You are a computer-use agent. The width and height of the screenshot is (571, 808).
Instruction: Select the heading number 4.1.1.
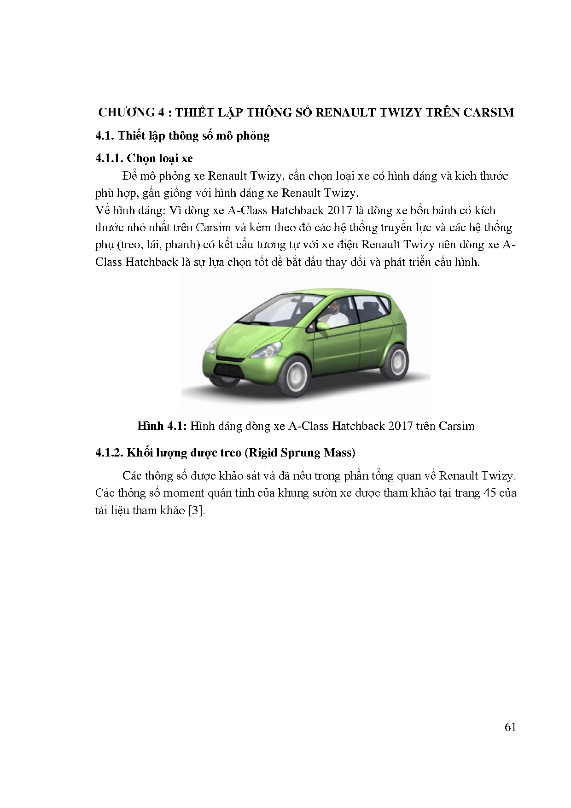tap(109, 158)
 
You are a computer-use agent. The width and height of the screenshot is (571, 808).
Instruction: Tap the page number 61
tap(510, 727)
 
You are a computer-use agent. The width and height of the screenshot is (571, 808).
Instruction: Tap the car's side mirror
tap(323, 326)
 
